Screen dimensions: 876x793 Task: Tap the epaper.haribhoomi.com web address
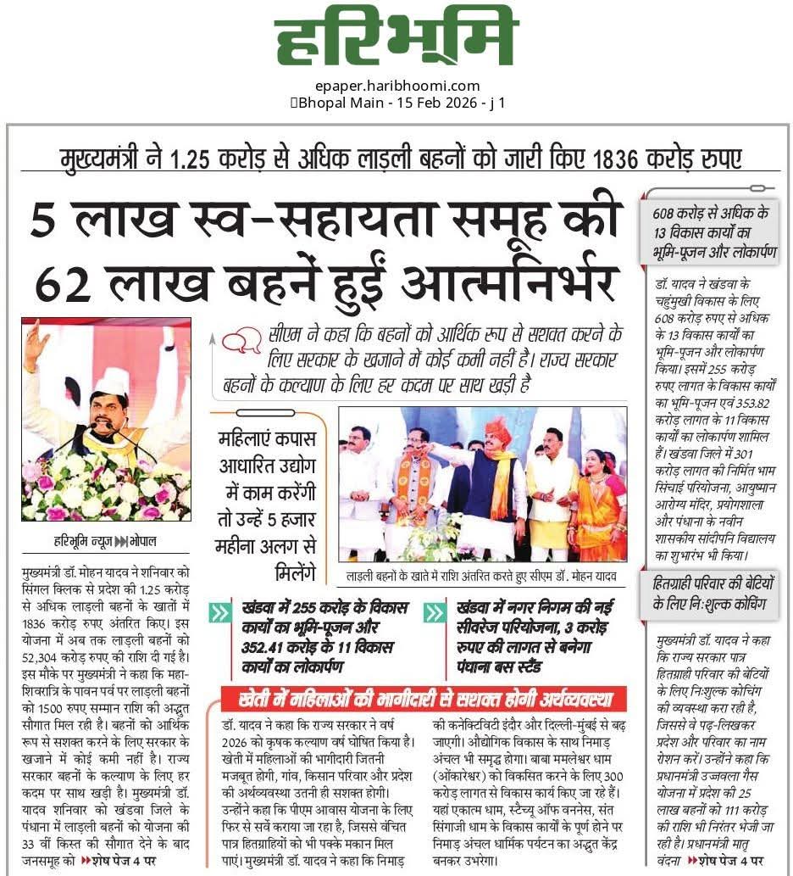coord(396,86)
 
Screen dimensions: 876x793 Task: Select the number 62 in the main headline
coord(61,282)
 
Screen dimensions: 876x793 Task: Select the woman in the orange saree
coord(598,509)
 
